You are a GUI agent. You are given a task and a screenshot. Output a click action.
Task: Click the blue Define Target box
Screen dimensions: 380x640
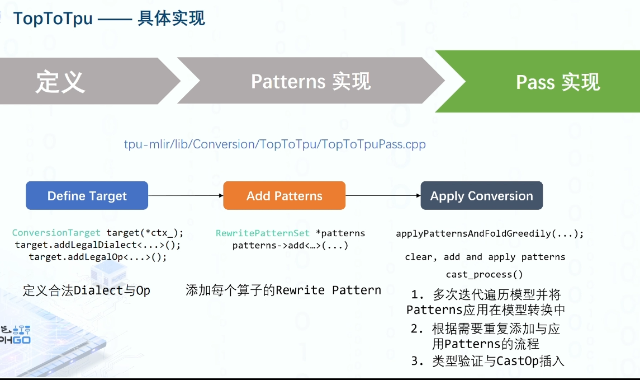click(87, 196)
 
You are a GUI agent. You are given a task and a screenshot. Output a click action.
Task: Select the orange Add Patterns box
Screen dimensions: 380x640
click(284, 196)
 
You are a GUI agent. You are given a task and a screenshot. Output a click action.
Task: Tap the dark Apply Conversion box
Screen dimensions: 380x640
click(481, 196)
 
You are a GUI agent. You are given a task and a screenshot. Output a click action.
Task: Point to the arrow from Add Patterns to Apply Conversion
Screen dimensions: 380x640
click(383, 195)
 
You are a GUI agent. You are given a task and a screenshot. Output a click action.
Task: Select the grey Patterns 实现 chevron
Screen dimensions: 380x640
click(311, 82)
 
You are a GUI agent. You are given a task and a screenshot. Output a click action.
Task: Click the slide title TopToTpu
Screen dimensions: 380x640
click(53, 18)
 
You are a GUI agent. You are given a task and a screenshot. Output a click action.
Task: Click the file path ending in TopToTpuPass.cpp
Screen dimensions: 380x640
click(274, 144)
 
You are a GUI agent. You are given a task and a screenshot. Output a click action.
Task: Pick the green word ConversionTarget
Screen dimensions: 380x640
click(56, 233)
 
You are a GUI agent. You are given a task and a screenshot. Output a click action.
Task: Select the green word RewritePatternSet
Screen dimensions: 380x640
click(263, 233)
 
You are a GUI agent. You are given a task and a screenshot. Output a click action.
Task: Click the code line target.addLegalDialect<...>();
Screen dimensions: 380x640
click(98, 245)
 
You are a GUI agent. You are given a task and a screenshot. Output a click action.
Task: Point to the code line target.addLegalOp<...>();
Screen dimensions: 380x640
click(98, 257)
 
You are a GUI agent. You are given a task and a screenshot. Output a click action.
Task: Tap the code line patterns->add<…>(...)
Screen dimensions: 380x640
click(290, 246)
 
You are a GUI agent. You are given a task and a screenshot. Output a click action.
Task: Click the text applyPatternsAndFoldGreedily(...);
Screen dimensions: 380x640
click(490, 233)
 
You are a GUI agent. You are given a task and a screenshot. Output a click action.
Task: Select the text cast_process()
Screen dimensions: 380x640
click(485, 274)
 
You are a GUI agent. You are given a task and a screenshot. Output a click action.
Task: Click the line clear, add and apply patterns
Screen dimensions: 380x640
click(485, 257)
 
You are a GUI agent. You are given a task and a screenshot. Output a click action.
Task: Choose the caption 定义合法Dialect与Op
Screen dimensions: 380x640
click(87, 291)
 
